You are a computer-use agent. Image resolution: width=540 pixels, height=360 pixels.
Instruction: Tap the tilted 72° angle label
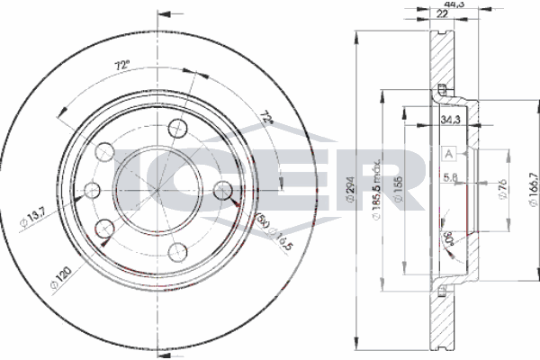(x=265, y=119)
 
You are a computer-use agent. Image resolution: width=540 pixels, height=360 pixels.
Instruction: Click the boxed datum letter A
(x=447, y=155)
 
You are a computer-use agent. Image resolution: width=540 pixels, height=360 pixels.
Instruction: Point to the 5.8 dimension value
(x=451, y=176)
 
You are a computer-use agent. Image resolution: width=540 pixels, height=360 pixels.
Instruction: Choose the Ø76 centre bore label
(x=478, y=189)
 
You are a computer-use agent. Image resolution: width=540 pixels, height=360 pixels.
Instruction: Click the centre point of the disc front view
(x=162, y=189)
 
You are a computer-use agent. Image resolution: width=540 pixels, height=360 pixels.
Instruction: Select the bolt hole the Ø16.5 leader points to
(x=223, y=189)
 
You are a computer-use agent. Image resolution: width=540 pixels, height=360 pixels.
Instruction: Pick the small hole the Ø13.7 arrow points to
(x=92, y=189)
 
